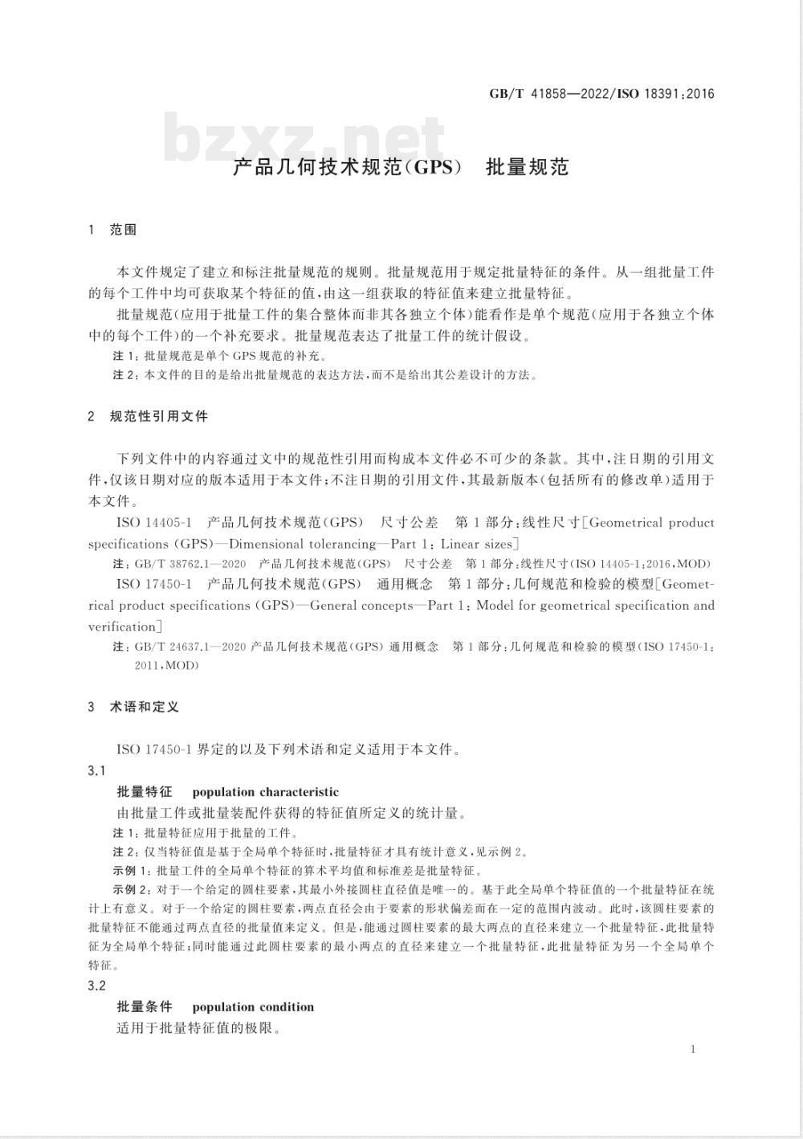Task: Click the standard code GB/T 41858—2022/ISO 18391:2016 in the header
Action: click(601, 94)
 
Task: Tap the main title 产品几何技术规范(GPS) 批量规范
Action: click(401, 167)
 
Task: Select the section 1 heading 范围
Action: click(123, 230)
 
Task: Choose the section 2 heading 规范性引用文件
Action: click(158, 416)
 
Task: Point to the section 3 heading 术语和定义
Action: click(145, 707)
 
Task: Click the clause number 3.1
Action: click(96, 770)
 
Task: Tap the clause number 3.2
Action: click(96, 986)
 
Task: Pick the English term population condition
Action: click(253, 1007)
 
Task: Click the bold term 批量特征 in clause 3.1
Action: click(145, 792)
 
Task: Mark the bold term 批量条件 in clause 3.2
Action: click(145, 1007)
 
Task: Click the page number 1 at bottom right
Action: click(692, 1049)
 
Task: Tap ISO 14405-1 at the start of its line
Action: click(154, 523)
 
